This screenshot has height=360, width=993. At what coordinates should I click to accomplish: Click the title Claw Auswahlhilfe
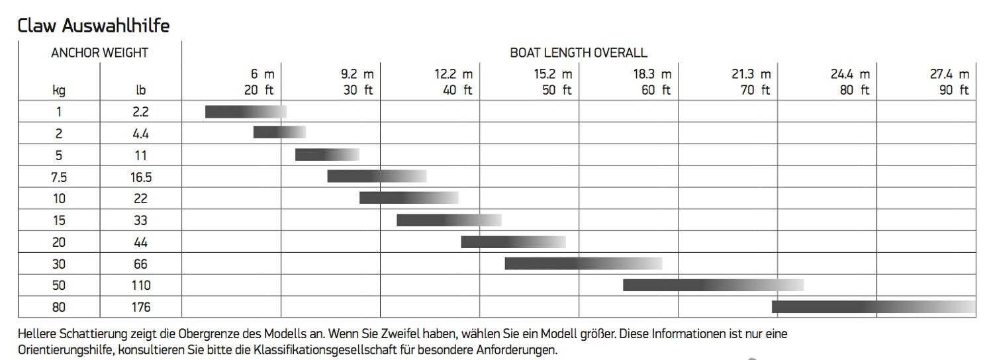[93, 26]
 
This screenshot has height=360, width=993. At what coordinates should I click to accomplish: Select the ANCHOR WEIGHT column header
[99, 52]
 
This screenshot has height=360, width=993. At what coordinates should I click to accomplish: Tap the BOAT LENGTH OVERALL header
[578, 52]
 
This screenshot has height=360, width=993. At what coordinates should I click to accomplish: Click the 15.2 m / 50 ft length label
[553, 82]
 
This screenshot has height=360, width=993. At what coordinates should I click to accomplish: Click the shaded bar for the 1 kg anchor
[246, 112]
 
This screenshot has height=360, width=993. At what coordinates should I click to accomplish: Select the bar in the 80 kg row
[873, 306]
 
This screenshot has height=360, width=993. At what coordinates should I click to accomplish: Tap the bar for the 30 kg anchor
[583, 263]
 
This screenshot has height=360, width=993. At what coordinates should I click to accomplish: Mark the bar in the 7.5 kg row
[377, 176]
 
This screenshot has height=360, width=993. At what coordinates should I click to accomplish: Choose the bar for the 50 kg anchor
[713, 285]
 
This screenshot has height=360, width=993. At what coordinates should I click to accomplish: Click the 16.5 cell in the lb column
[140, 177]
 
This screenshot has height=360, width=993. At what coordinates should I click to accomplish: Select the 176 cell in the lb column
[140, 307]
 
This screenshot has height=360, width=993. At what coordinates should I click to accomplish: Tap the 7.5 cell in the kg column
[59, 177]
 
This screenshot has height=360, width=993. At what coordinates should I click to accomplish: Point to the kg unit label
[59, 91]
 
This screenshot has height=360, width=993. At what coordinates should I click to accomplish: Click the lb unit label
[140, 91]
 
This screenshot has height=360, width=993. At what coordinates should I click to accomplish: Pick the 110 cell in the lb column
[140, 285]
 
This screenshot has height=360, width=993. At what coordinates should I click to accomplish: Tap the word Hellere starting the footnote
[37, 334]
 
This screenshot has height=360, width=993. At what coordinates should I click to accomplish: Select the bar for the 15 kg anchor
[449, 220]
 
